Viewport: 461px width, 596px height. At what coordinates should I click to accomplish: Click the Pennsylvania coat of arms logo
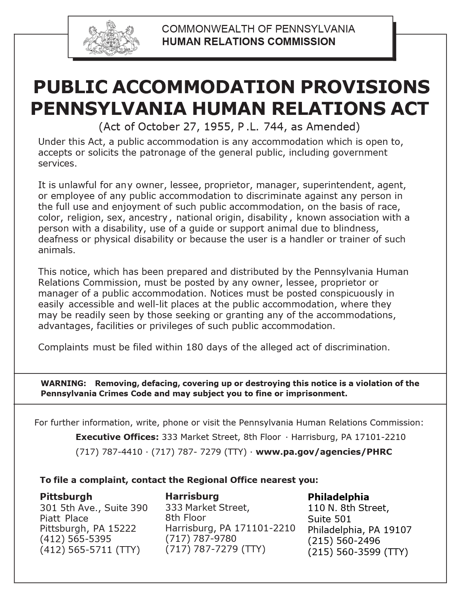111,37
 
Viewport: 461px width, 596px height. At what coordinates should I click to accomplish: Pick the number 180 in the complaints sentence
195,347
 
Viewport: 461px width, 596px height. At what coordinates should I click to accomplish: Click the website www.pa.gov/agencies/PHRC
324,452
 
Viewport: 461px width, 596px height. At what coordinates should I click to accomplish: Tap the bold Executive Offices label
117,437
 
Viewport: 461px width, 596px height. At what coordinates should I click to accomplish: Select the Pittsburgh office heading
66,496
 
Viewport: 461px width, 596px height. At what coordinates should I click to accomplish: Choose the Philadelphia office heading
338,497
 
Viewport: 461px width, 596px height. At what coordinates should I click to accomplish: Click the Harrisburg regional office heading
192,496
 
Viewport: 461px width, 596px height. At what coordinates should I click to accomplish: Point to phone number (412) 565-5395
76,539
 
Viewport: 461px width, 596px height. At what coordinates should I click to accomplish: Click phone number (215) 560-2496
344,541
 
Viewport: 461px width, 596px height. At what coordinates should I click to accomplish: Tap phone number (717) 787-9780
201,538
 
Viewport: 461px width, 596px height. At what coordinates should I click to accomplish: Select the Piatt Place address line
64,518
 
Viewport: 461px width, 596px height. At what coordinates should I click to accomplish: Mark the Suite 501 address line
329,519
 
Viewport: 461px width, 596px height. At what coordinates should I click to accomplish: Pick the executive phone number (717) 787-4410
109,452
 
